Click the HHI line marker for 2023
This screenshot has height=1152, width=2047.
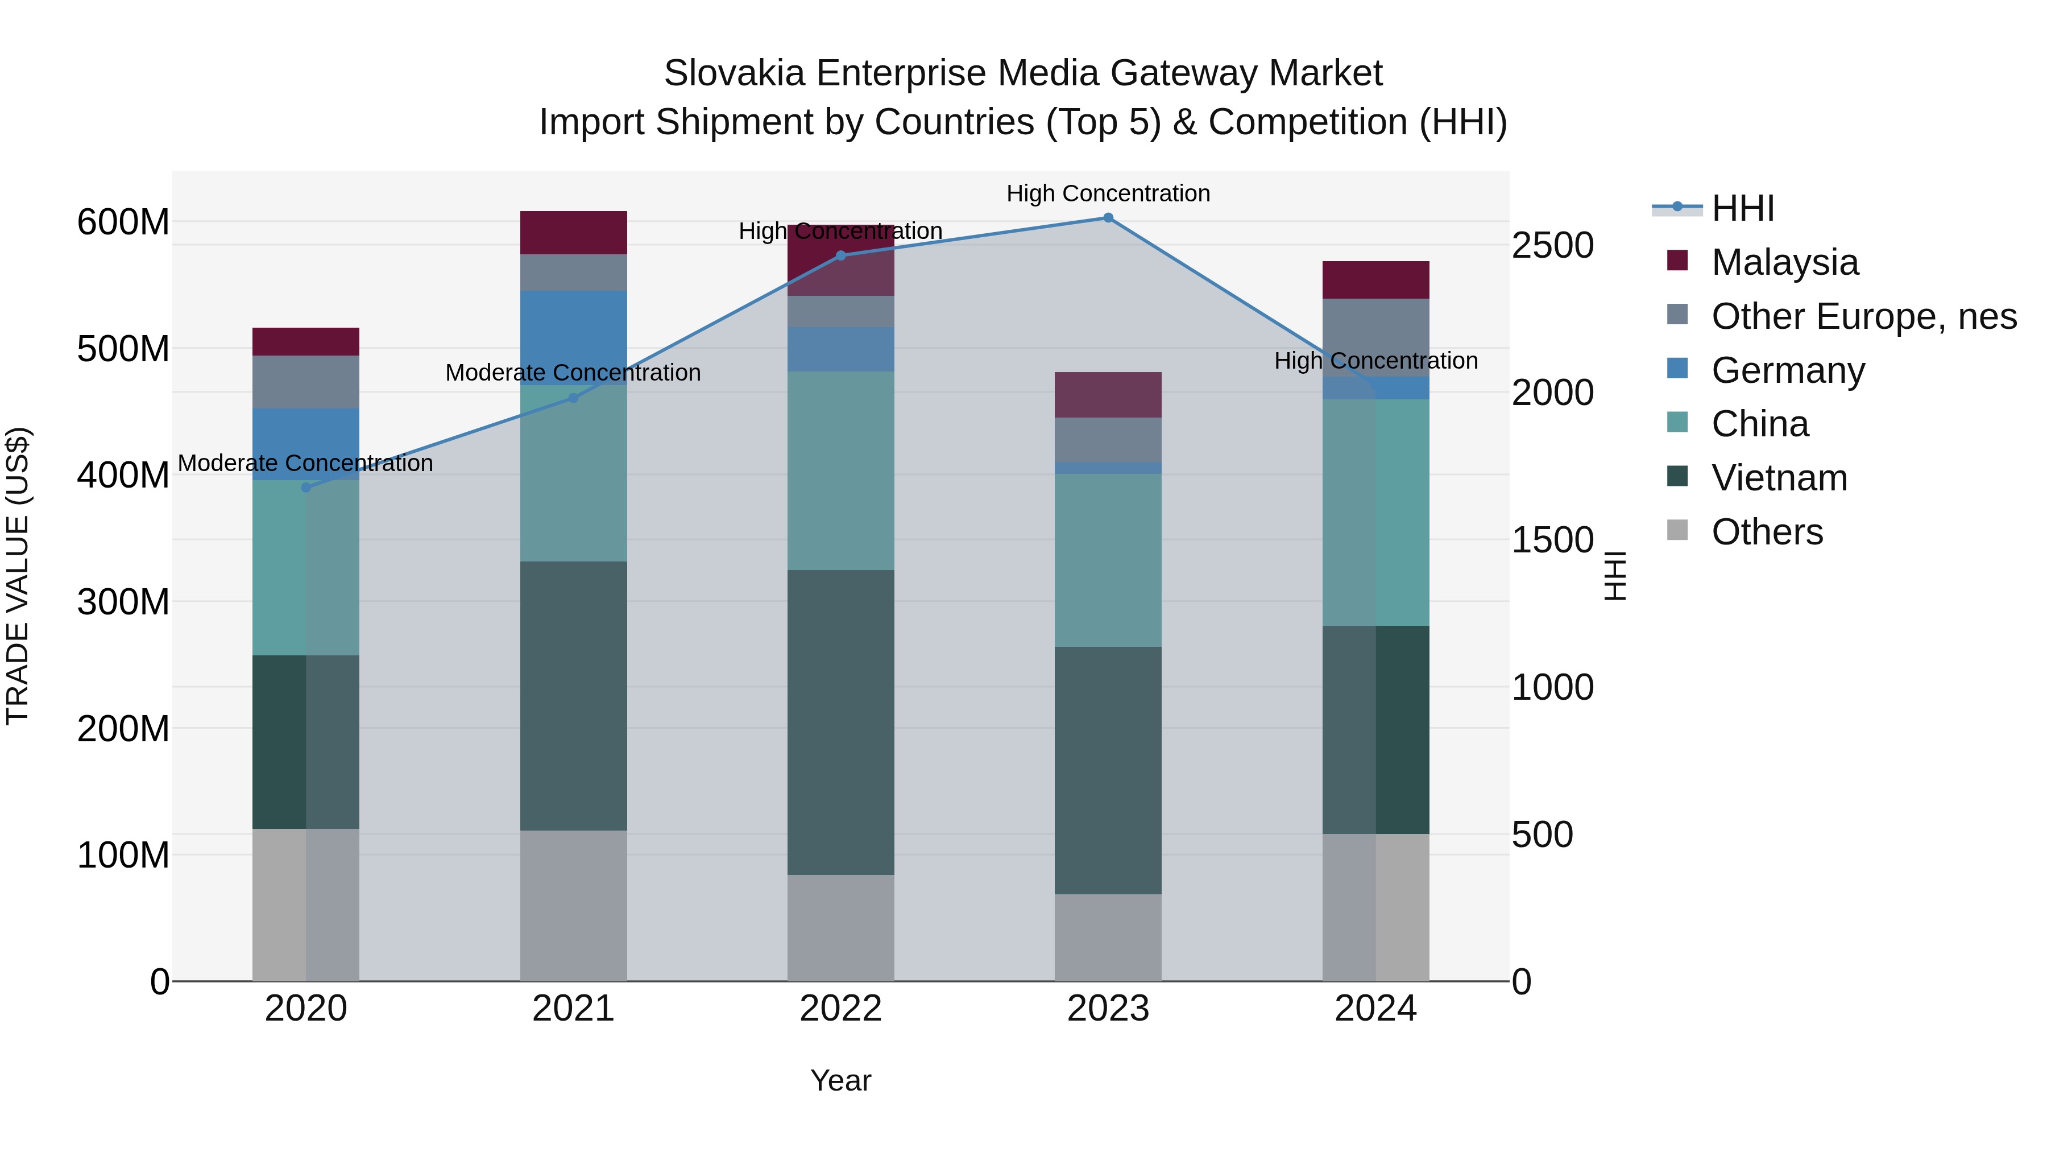(x=1108, y=218)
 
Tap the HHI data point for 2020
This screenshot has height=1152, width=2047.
(x=306, y=488)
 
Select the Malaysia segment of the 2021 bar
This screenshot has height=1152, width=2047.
(x=573, y=233)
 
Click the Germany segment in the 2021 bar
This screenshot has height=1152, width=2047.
(x=573, y=338)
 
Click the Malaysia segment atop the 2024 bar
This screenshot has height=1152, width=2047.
(x=1375, y=280)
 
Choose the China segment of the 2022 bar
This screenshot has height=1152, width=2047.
(x=841, y=470)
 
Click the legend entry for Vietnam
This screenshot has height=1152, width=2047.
(x=1779, y=478)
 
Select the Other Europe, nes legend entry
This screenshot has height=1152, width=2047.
(x=1863, y=316)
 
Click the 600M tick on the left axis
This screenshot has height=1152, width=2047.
(x=123, y=222)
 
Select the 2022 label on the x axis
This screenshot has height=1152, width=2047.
(x=841, y=1009)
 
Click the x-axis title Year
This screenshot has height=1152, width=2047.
(x=841, y=1080)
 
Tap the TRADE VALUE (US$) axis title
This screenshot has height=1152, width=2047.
(x=18, y=576)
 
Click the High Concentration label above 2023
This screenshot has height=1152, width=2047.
(x=1108, y=193)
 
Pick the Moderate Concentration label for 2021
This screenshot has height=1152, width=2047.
(x=573, y=372)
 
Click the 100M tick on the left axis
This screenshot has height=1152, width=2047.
(x=123, y=856)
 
